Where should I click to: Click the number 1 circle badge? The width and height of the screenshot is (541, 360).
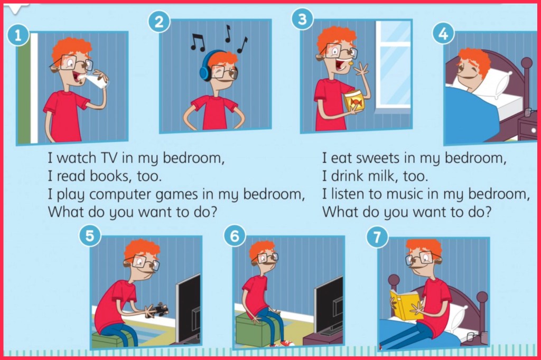(x=17, y=35)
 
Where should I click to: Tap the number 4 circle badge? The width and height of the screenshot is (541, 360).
(x=443, y=34)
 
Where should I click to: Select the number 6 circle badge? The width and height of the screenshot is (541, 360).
(x=234, y=236)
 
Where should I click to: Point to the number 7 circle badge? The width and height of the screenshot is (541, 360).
(x=377, y=237)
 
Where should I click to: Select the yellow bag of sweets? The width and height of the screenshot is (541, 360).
(x=355, y=101)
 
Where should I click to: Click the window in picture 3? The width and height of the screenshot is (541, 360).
(x=393, y=64)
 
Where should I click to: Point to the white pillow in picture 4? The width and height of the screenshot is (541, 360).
(x=487, y=83)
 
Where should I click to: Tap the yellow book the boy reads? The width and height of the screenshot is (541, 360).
(x=404, y=304)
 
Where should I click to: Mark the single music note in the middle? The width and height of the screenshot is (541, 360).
(x=227, y=33)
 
